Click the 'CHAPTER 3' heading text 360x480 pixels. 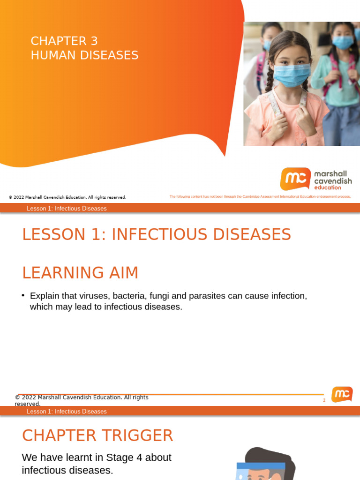tap(64, 41)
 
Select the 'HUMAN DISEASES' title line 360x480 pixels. tap(84, 55)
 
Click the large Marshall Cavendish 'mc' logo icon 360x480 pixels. tap(295, 179)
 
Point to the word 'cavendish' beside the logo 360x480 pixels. tap(332, 181)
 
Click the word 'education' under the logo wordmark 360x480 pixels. tap(328, 187)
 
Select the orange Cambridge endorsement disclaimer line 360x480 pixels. tap(260, 197)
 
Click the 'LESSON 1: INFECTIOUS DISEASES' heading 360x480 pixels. tap(156, 234)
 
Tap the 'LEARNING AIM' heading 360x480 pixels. tap(80, 273)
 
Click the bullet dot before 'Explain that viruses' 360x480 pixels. tap(23, 295)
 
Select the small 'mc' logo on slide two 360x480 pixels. tap(342, 394)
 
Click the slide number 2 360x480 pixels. tap(324, 400)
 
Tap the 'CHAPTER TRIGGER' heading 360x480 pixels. tap(97, 436)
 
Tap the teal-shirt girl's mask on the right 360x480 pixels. tap(343, 43)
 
